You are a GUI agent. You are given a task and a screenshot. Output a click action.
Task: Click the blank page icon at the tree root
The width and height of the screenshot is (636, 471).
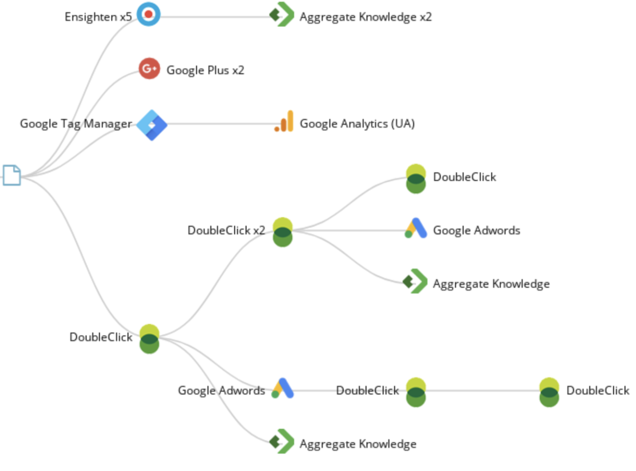click(11, 175)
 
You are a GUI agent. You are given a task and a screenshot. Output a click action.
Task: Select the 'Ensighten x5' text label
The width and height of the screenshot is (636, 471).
click(98, 17)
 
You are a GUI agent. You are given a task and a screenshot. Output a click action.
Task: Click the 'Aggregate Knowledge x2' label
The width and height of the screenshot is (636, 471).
click(365, 17)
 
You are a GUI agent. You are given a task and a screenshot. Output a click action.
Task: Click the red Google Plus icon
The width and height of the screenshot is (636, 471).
click(149, 69)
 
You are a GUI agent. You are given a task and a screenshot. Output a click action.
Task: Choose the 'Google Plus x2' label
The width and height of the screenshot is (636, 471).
click(205, 70)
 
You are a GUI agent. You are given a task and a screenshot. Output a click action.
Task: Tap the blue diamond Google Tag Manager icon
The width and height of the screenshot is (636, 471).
click(152, 125)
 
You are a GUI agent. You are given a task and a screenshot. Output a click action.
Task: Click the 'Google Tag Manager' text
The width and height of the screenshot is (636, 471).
click(76, 124)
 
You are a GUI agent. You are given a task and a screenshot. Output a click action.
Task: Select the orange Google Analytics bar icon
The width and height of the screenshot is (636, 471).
click(284, 122)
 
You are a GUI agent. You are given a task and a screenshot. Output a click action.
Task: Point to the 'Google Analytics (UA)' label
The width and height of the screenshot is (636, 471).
click(357, 124)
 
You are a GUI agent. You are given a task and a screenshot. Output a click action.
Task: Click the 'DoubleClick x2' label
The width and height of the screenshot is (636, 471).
click(226, 230)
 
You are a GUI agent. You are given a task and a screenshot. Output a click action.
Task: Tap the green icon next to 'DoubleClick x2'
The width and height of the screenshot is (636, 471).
click(282, 232)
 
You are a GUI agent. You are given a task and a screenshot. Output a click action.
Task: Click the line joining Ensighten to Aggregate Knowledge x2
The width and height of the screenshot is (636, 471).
click(215, 17)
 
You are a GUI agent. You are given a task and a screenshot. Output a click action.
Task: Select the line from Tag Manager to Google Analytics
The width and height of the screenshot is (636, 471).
click(220, 124)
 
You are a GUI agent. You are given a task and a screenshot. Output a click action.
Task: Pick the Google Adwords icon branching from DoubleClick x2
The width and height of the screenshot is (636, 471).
click(416, 228)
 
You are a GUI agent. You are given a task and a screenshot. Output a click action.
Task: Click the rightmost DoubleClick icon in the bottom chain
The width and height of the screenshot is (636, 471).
click(549, 392)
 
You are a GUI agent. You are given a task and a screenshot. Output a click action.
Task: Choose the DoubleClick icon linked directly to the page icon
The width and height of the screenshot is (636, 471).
click(149, 339)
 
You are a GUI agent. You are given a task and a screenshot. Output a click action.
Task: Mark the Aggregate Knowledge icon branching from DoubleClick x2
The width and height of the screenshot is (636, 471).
click(415, 281)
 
